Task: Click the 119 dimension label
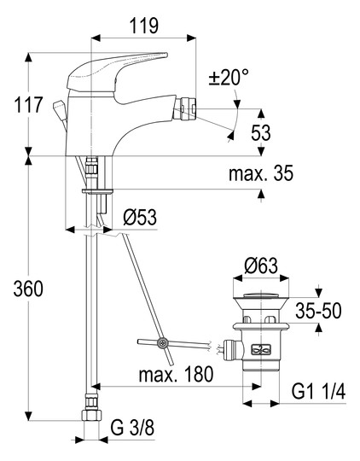tap(144, 26)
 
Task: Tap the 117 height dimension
tap(28, 105)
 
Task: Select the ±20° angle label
tap(229, 78)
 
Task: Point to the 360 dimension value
tap(28, 289)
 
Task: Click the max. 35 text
tap(261, 173)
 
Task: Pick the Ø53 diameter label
tap(140, 218)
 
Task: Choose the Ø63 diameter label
tap(261, 266)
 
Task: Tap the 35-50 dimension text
tap(318, 311)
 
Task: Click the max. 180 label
tap(176, 374)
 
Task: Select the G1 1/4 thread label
tap(318, 391)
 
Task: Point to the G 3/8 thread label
tap(132, 428)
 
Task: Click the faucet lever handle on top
tap(117, 72)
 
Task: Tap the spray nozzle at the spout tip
tap(184, 108)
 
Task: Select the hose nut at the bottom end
tap(91, 415)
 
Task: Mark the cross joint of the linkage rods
tap(162, 343)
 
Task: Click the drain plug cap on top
tap(261, 295)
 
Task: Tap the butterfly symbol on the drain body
tap(260, 349)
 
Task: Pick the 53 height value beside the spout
tap(260, 132)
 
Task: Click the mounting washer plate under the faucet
tap(97, 191)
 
